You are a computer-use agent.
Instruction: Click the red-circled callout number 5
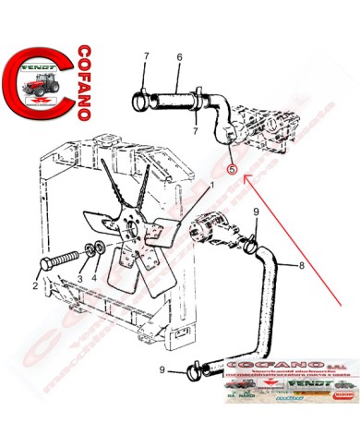232,170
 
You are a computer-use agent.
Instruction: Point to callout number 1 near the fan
211,185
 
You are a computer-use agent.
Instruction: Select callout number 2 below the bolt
36,286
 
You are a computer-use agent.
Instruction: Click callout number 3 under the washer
80,278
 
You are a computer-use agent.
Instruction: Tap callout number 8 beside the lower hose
301,267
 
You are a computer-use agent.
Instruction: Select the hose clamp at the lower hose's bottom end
197,373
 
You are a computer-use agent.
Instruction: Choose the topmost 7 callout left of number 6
146,58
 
